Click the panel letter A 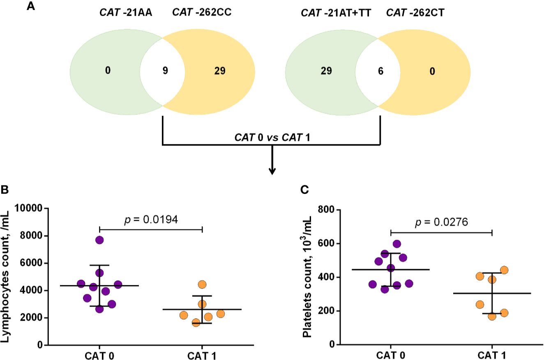coord(30,7)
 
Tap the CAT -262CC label coord(201,13)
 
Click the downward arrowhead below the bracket coord(272,171)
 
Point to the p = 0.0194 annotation coord(151,220)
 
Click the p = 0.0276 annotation coord(441,222)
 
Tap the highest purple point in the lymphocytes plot coord(99,240)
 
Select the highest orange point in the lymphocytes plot coord(202,284)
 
